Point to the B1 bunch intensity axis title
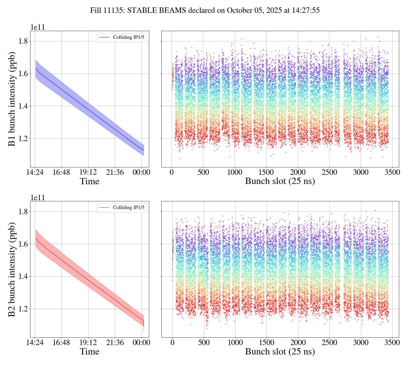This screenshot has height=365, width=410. coord(12,99)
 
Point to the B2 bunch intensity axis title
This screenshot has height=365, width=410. coord(12,269)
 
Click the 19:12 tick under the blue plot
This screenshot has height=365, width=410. coord(88,172)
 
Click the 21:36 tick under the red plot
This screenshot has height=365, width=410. coord(115,342)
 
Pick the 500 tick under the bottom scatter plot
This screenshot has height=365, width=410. coord(204,342)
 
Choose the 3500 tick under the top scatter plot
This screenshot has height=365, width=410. coord(392,172)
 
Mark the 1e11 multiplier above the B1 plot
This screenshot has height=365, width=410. coord(38,27)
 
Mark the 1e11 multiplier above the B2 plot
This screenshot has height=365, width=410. coord(38,198)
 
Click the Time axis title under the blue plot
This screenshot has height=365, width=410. coord(89,181)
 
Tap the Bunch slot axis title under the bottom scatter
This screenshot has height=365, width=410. coord(280,352)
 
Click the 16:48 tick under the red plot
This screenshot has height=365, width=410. coord(61,342)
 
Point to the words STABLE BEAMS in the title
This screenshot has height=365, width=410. coord(157,11)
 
